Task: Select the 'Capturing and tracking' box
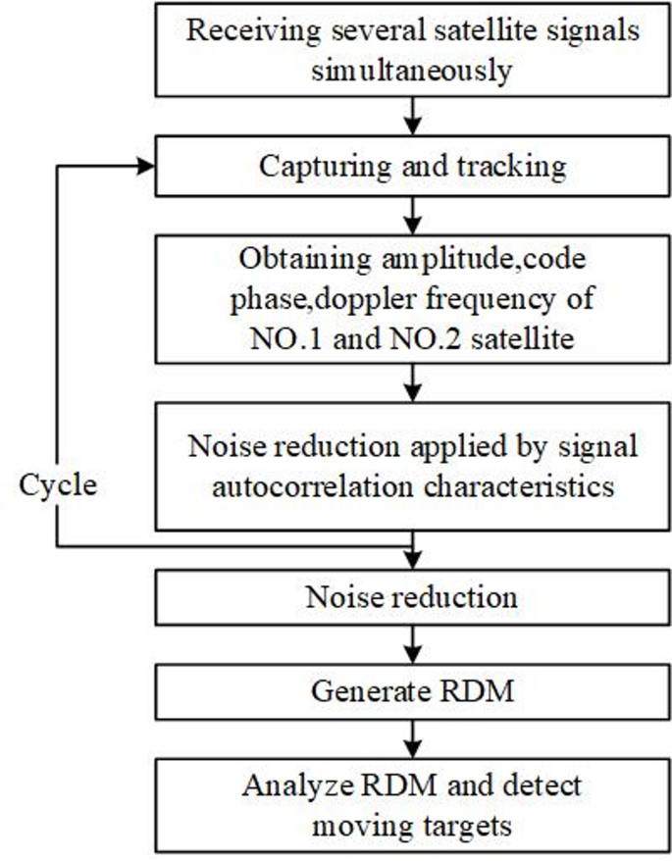point(412,166)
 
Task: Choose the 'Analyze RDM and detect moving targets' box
point(412,804)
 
